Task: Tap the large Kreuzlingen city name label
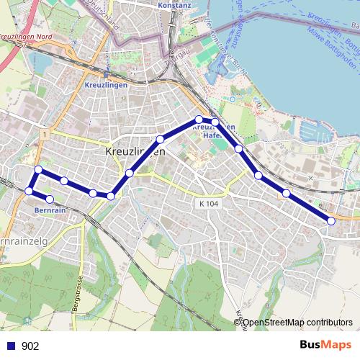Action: [136, 153]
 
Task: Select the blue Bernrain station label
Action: [50, 211]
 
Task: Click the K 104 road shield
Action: [208, 204]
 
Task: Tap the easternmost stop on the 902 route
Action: [331, 221]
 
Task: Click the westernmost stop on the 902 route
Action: [29, 191]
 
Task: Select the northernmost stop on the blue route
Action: [199, 120]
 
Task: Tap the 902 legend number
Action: [30, 346]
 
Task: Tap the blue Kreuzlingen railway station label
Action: [106, 84]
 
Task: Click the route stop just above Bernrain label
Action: [50, 199]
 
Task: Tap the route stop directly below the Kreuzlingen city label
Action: [130, 173]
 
